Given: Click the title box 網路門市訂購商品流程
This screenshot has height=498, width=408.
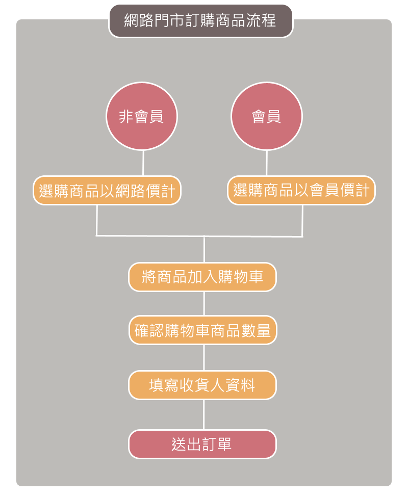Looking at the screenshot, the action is pyautogui.click(x=200, y=21).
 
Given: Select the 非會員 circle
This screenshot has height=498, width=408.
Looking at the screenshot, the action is pyautogui.click(x=142, y=116).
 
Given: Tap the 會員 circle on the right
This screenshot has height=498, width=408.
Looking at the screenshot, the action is pyautogui.click(x=267, y=116).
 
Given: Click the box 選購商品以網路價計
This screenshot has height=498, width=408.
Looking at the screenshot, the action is pyautogui.click(x=107, y=191).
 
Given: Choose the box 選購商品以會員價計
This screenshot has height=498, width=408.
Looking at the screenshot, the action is pyautogui.click(x=301, y=190).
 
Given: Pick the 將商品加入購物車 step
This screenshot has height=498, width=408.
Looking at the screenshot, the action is pyautogui.click(x=202, y=277).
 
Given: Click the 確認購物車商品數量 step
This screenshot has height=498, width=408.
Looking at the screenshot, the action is pyautogui.click(x=203, y=330).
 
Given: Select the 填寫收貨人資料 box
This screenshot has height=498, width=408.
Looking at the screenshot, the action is pyautogui.click(x=202, y=385).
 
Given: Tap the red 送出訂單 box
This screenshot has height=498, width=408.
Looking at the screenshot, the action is pyautogui.click(x=202, y=444).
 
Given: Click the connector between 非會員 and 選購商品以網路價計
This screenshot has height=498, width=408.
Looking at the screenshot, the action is pyautogui.click(x=143, y=163).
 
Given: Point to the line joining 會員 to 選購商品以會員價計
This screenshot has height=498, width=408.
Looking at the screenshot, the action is pyautogui.click(x=267, y=163).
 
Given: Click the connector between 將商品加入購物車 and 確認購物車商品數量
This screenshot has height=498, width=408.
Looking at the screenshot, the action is pyautogui.click(x=204, y=304).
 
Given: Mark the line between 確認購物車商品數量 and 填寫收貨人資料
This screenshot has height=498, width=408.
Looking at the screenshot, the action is pyautogui.click(x=204, y=358).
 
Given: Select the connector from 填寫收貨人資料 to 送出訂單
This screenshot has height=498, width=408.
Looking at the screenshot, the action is pyautogui.click(x=204, y=415).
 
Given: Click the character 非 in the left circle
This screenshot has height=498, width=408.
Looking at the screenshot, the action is pyautogui.click(x=126, y=117).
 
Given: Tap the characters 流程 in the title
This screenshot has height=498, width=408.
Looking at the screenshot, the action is pyautogui.click(x=261, y=21).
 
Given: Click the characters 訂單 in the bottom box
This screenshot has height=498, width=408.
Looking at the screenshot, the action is pyautogui.click(x=217, y=444).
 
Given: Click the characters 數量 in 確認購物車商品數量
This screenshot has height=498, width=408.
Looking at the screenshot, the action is pyautogui.click(x=256, y=330).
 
